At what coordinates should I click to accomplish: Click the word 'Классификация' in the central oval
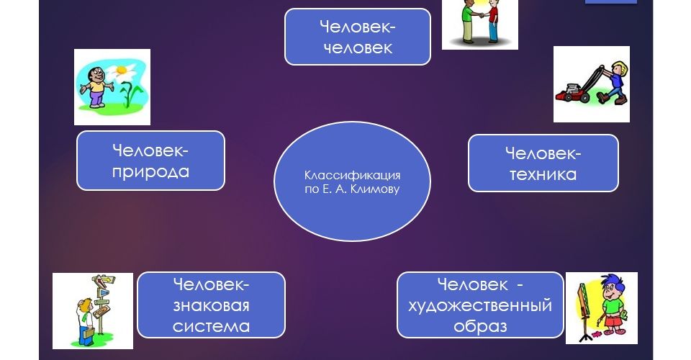click(x=352, y=176)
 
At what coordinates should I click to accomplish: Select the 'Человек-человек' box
click(x=358, y=37)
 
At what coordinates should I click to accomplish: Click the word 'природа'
click(x=150, y=172)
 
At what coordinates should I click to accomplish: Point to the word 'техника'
click(x=543, y=174)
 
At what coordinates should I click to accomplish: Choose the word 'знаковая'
click(x=211, y=305)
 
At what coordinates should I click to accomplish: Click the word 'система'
click(x=211, y=326)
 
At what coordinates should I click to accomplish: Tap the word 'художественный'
click(x=480, y=305)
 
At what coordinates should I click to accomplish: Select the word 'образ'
click(x=480, y=327)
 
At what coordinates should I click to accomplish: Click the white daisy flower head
click(x=120, y=71)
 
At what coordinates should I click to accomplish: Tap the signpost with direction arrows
click(x=101, y=300)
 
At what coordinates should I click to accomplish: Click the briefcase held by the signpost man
click(x=87, y=333)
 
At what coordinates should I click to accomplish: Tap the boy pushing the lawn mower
click(x=615, y=82)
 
